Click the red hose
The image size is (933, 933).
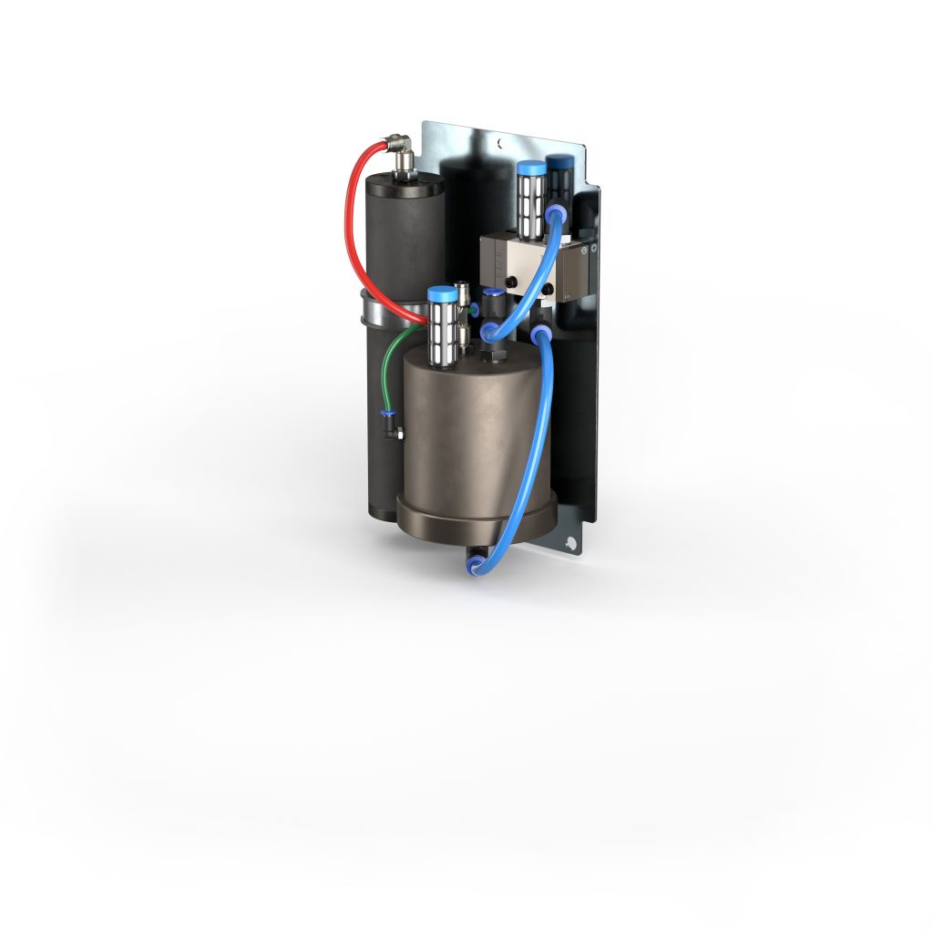349,219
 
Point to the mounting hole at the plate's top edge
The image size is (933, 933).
499,143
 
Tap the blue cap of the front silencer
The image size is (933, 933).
442,294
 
